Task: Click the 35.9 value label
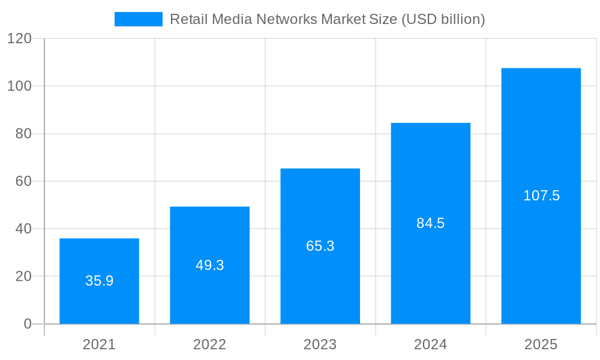pyautogui.click(x=99, y=281)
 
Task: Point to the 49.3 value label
pyautogui.click(x=209, y=265)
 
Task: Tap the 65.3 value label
pyautogui.click(x=320, y=246)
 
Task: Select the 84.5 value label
pyautogui.click(x=430, y=223)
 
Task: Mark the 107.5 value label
pyautogui.click(x=541, y=196)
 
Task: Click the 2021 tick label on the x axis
pyautogui.click(x=99, y=344)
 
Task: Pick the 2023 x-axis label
pyautogui.click(x=320, y=344)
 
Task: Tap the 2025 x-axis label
pyautogui.click(x=541, y=344)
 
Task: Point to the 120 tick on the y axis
pyautogui.click(x=19, y=38)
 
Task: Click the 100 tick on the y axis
pyautogui.click(x=19, y=86)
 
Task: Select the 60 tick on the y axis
pyautogui.click(x=23, y=181)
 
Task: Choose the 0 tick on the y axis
pyautogui.click(x=27, y=324)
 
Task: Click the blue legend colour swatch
pyautogui.click(x=139, y=19)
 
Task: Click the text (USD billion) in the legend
pyautogui.click(x=443, y=19)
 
